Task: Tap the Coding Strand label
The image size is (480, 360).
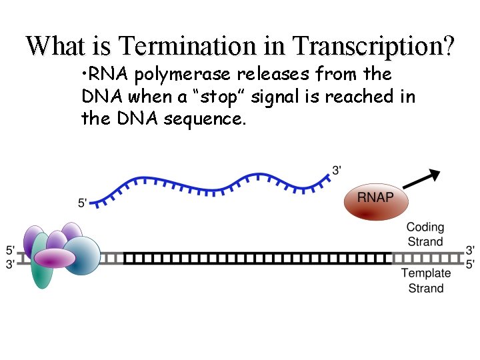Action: pos(425,234)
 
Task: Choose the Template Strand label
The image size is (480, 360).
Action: pos(426,280)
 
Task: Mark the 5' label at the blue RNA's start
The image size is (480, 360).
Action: pos(83,202)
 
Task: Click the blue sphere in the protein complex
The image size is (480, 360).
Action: pos(81,255)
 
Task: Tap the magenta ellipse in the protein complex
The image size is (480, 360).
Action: pos(55,257)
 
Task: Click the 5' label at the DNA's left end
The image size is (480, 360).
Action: pos(11,251)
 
